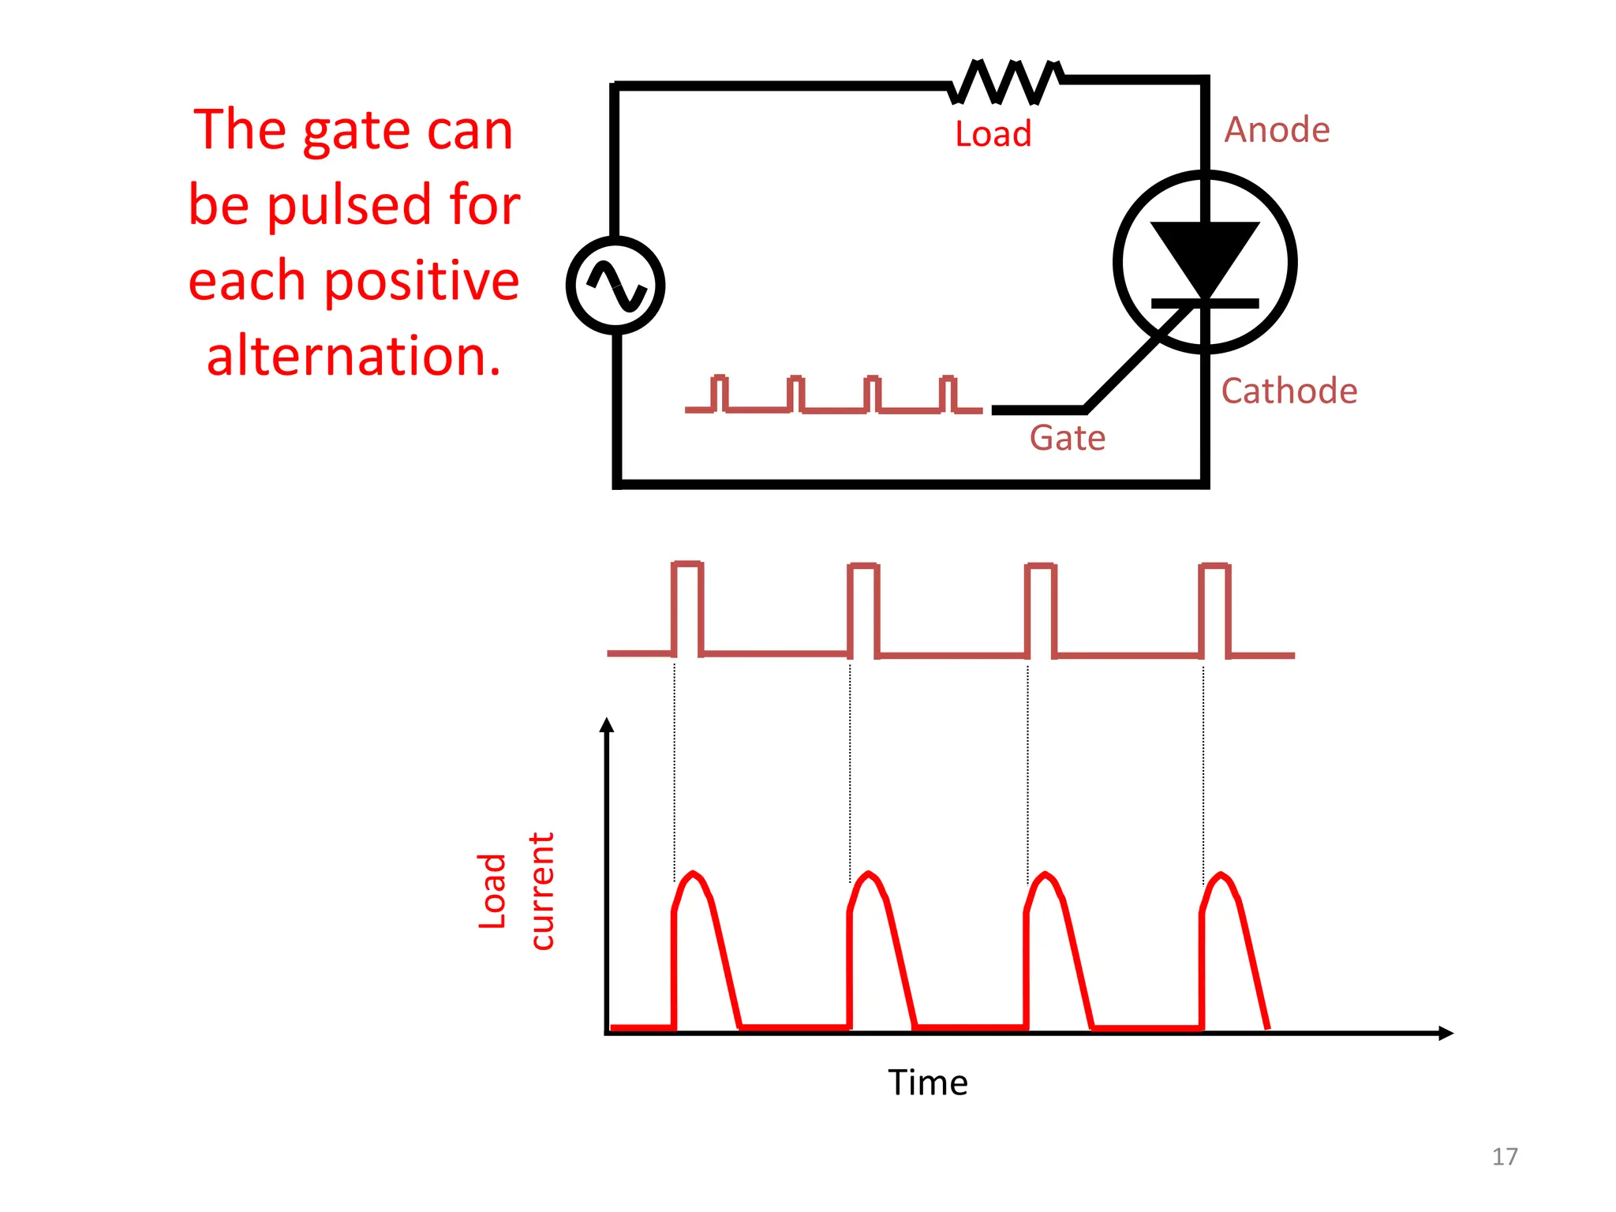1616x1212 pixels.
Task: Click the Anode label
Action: click(x=1276, y=130)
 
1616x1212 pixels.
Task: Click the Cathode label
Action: click(x=1289, y=391)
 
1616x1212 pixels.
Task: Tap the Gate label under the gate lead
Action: click(x=1067, y=438)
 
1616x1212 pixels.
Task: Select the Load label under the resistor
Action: click(x=993, y=134)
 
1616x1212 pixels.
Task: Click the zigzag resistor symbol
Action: click(x=1006, y=81)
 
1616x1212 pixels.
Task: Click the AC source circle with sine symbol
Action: click(x=615, y=286)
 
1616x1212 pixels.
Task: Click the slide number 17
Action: click(x=1504, y=1157)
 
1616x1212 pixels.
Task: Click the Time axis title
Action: click(x=927, y=1083)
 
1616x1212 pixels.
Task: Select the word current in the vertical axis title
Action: click(x=542, y=891)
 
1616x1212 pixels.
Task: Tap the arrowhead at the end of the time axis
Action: click(x=1446, y=1033)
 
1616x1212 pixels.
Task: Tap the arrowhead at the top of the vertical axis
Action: click(x=606, y=724)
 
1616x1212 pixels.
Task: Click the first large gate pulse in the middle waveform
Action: click(x=687, y=608)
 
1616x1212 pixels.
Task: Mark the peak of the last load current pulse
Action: click(x=1221, y=874)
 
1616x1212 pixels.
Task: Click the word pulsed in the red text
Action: click(x=349, y=205)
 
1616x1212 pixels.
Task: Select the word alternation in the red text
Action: click(x=353, y=356)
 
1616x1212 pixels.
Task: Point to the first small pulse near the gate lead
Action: click(x=719, y=392)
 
